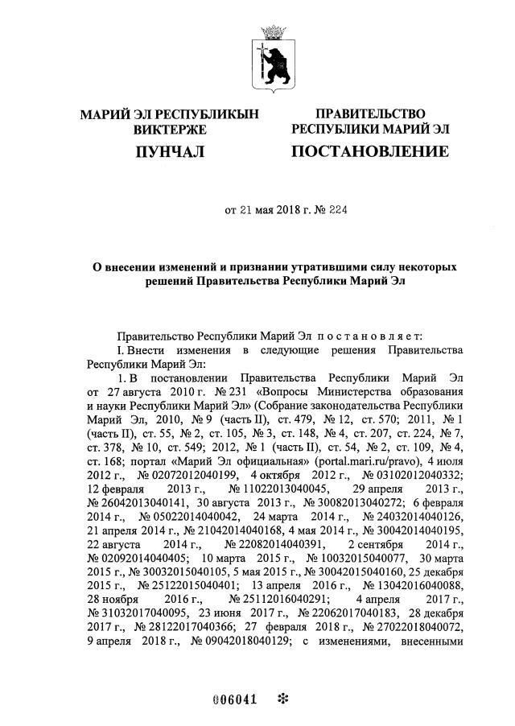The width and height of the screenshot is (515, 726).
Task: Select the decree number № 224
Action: (337, 212)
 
